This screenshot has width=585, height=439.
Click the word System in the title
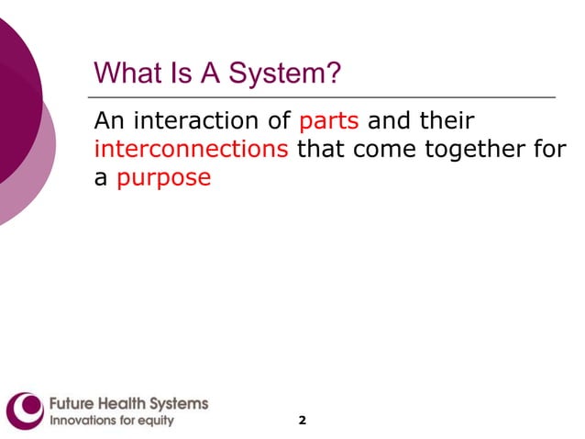[x=284, y=73]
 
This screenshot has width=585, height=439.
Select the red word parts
[x=328, y=121]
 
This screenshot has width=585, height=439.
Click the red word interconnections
[x=191, y=150]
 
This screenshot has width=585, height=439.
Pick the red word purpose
[x=164, y=178]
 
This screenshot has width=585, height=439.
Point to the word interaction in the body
[x=203, y=121]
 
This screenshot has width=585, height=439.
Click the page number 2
[x=303, y=420]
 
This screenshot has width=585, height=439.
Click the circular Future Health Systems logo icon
[x=25, y=410]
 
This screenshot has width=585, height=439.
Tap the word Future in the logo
[x=71, y=403]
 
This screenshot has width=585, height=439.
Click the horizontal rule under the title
[x=321, y=96]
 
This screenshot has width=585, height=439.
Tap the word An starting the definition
[x=108, y=121]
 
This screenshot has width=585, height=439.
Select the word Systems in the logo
[x=182, y=403]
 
